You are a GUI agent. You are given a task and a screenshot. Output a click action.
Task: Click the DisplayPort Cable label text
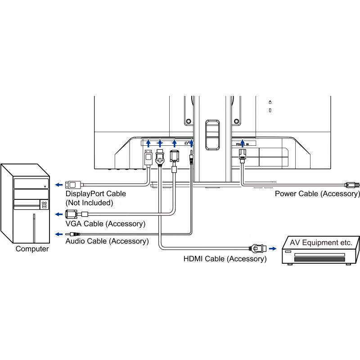click(96, 194)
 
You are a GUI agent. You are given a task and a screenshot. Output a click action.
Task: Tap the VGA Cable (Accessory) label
click(105, 224)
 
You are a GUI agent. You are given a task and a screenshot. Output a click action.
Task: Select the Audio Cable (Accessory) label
click(107, 241)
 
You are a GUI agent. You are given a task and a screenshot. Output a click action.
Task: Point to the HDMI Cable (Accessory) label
click(225, 259)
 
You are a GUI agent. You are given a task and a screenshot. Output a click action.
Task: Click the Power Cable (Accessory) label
click(317, 194)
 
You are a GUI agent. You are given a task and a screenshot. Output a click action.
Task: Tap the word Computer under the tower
click(32, 249)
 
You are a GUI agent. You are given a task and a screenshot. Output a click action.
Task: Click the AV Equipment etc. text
click(321, 242)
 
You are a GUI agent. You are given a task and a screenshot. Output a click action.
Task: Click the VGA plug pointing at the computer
click(72, 214)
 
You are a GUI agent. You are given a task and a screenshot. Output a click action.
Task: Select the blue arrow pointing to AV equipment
click(272, 248)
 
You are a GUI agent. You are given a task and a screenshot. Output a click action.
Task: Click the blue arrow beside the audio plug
click(58, 234)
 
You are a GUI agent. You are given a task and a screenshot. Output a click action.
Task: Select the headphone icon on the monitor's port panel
click(187, 143)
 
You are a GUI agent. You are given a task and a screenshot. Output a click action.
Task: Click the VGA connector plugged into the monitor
click(174, 157)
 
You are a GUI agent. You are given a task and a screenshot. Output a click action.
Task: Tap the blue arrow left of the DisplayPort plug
click(58, 184)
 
